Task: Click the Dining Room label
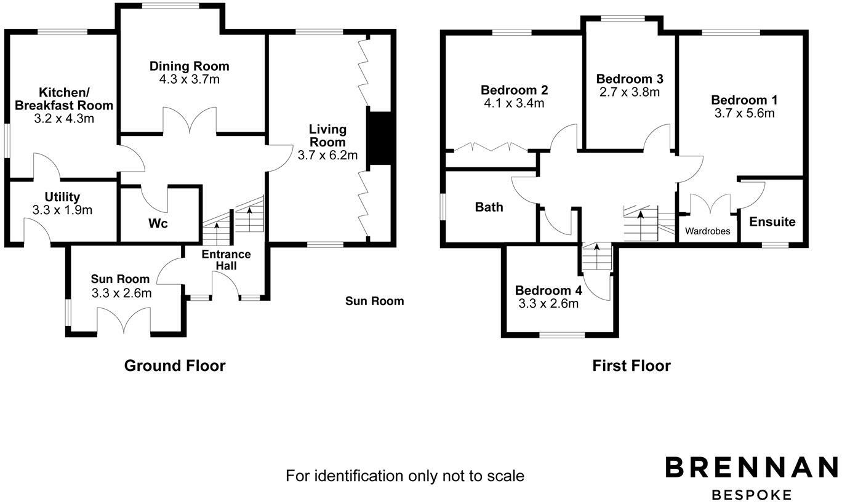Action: (x=190, y=66)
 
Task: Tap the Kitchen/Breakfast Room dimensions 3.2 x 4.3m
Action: (x=64, y=118)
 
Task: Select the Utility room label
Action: (x=62, y=197)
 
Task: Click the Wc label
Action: (x=158, y=223)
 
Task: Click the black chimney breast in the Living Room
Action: (x=380, y=138)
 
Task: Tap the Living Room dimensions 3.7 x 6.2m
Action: (x=327, y=156)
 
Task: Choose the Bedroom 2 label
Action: (x=515, y=90)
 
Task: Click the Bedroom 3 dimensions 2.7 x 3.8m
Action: (x=630, y=92)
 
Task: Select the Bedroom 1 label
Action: (x=744, y=100)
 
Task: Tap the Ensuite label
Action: (x=772, y=221)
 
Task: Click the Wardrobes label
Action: (x=708, y=231)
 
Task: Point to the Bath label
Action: (x=489, y=207)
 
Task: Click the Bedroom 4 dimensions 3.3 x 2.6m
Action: (x=548, y=303)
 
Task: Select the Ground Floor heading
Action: (x=175, y=365)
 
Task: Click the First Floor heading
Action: (x=631, y=365)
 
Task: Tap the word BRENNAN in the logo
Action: (x=752, y=467)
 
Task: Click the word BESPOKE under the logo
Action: (x=752, y=495)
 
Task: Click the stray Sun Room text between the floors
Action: (x=374, y=301)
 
